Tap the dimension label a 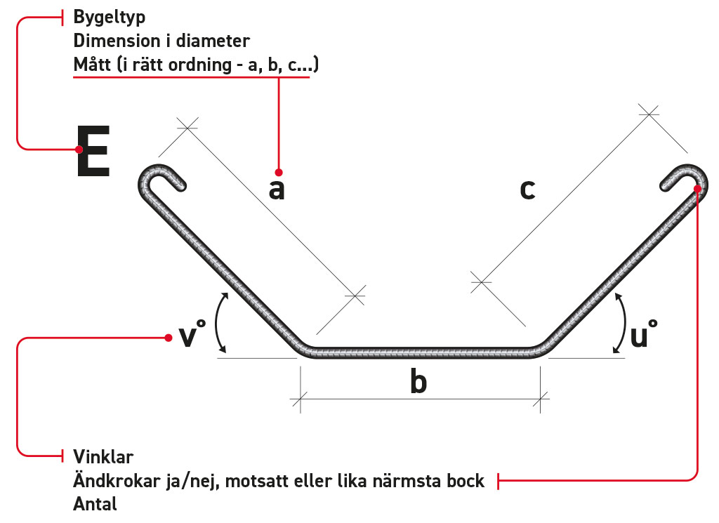(277, 189)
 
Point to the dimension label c (527, 189)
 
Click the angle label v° (190, 335)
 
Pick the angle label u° (643, 335)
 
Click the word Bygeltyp (110, 16)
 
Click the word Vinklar (103, 457)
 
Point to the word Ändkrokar (112, 481)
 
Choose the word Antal (95, 504)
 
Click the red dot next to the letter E (79, 149)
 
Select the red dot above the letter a (279, 172)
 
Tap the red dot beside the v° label (169, 338)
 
